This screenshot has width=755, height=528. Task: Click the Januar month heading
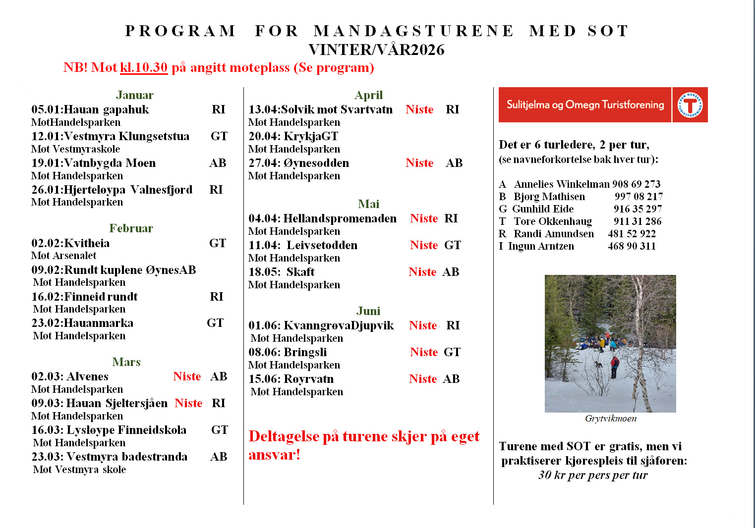click(x=134, y=95)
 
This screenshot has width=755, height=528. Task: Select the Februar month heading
click(x=131, y=228)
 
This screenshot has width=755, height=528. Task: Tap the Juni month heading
click(x=368, y=311)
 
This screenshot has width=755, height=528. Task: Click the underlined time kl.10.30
click(x=144, y=67)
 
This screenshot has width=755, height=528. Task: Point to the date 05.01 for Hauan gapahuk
click(x=46, y=109)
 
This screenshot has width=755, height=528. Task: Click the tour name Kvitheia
click(x=87, y=243)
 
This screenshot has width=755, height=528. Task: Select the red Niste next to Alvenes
click(x=187, y=376)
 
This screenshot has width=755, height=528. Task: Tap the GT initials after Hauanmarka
click(x=215, y=323)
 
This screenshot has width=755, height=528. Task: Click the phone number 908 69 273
click(x=636, y=184)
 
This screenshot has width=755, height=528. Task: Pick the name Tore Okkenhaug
click(x=553, y=221)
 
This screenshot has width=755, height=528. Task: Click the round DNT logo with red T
click(x=690, y=105)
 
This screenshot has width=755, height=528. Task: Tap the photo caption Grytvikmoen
click(x=611, y=419)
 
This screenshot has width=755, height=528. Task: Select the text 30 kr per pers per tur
click(x=593, y=475)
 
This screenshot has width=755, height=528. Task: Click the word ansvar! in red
click(x=274, y=455)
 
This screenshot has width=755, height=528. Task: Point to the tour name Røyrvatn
click(x=308, y=379)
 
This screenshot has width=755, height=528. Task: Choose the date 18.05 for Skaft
click(x=263, y=272)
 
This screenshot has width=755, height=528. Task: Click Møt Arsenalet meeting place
click(x=64, y=256)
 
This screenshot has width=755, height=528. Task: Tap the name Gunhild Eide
click(x=543, y=209)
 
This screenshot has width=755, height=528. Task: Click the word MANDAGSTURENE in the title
click(x=413, y=31)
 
